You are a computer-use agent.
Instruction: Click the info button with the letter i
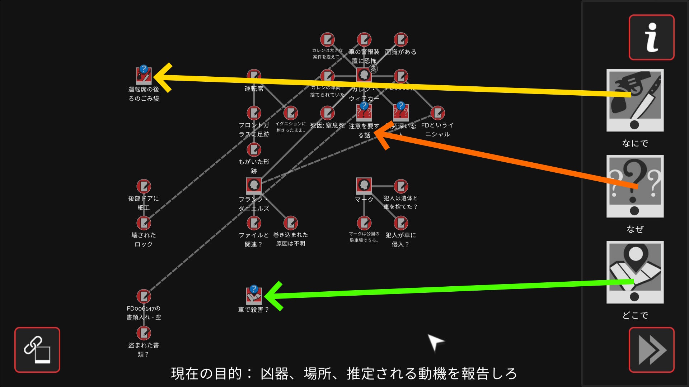tap(651, 37)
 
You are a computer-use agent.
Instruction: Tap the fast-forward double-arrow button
tap(651, 350)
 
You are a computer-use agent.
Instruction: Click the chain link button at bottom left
tap(37, 350)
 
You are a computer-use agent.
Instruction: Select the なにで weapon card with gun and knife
tap(635, 100)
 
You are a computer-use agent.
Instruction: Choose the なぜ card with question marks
tap(635, 186)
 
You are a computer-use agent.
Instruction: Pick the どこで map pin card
tap(635, 272)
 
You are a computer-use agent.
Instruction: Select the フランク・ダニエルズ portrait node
tap(254, 185)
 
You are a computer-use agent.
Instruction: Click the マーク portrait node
tap(364, 185)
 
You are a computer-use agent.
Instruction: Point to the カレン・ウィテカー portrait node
tap(364, 75)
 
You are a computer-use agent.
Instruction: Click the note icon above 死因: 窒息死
tap(327, 113)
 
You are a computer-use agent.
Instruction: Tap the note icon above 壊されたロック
tap(144, 223)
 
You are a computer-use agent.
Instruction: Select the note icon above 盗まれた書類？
tap(144, 333)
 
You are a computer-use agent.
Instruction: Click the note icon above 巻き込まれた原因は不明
tap(291, 223)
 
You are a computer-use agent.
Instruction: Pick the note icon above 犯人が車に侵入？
tap(401, 223)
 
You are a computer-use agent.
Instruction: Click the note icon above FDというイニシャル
tap(437, 113)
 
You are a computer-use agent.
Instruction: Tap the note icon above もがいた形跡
tap(254, 149)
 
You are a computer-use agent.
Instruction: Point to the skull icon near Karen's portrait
tap(373, 68)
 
